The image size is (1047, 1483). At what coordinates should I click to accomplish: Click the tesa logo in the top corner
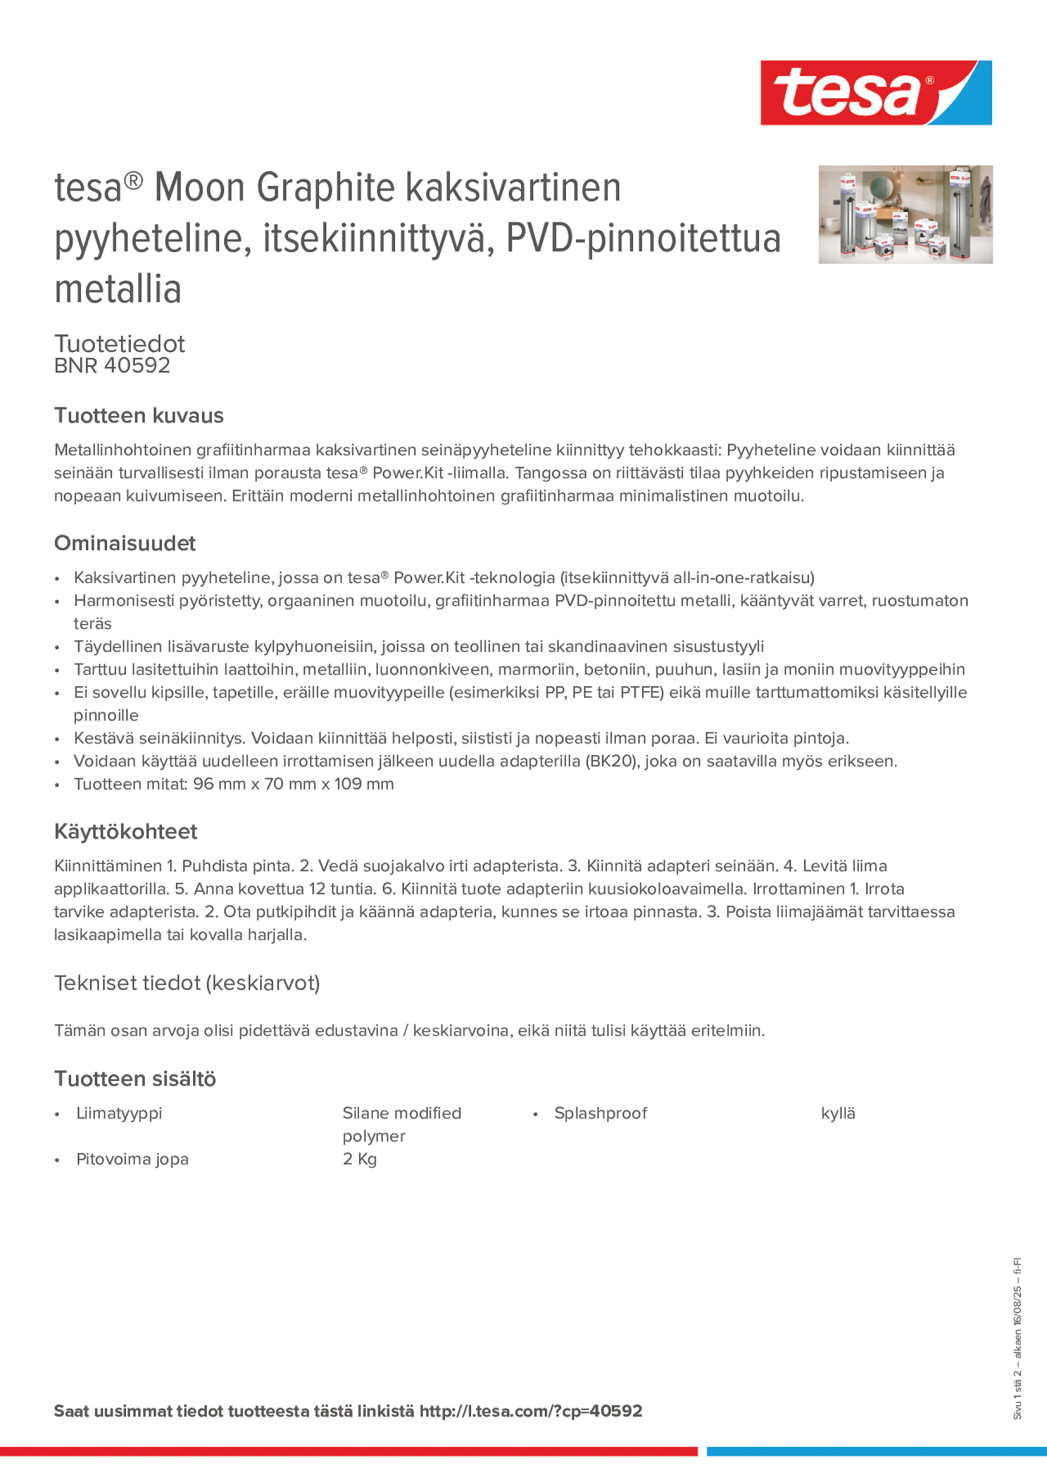click(x=876, y=93)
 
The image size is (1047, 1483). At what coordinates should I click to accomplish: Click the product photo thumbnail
click(x=905, y=214)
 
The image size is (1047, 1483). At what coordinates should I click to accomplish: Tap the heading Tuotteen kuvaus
click(x=139, y=415)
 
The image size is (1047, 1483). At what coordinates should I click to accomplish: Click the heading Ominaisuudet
click(x=125, y=543)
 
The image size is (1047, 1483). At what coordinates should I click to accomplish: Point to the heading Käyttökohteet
click(x=126, y=831)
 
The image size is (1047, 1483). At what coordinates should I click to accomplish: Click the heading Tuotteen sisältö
click(x=135, y=1079)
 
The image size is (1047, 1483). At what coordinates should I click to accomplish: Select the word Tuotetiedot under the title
click(x=119, y=344)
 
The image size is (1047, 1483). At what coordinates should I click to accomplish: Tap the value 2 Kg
click(x=360, y=1159)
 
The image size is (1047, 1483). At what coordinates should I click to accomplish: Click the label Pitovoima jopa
click(x=132, y=1159)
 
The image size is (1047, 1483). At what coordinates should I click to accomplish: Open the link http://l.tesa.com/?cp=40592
click(x=530, y=1411)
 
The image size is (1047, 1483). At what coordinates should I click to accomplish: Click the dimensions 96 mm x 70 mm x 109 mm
click(x=294, y=783)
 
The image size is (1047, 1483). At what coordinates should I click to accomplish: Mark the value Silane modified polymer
click(x=402, y=1124)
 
